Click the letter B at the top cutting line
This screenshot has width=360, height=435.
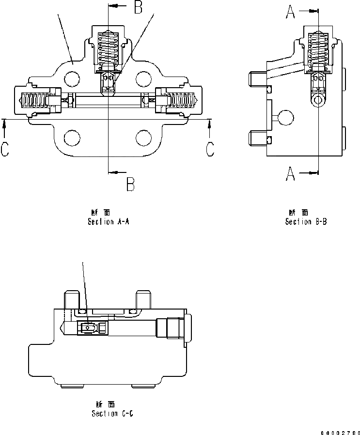pos(138,7)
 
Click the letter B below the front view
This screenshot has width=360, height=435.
pos(131,184)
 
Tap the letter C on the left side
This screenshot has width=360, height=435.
pos(4,149)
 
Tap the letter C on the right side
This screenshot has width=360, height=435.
pos(209,149)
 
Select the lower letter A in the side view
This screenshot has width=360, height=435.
pos(290,173)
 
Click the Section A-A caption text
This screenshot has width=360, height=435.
pos(108,222)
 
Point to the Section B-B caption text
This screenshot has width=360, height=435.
pos(306,222)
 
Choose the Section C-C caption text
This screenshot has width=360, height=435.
pos(112,413)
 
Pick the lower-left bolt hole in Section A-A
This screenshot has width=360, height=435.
pos(72,138)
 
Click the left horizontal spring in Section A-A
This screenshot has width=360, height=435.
pos(36,100)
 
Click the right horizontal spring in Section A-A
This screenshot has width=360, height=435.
pos(180,100)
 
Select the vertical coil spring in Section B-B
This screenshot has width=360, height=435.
pos(318,51)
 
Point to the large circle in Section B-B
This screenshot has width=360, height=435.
pos(285,118)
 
